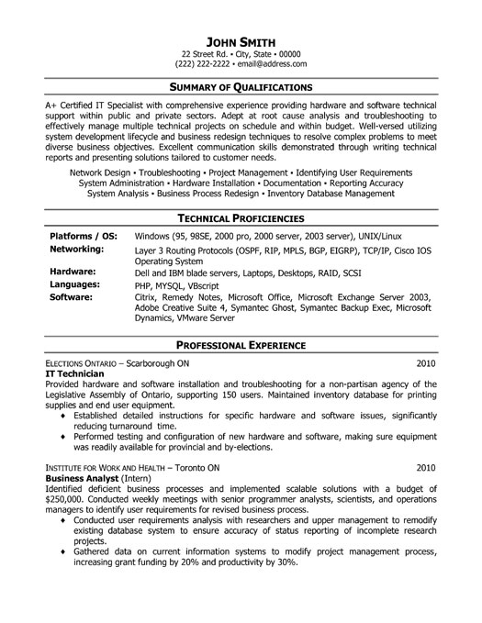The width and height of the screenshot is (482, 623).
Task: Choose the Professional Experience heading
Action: [241, 346]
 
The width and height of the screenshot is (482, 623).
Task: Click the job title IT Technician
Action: [76, 375]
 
